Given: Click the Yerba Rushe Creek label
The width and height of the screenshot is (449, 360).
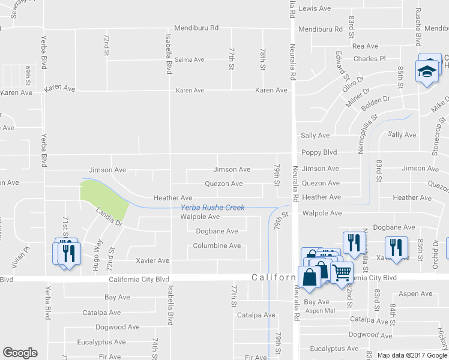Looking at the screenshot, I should [x=212, y=208].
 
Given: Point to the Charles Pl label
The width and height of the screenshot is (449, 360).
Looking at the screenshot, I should [x=369, y=59].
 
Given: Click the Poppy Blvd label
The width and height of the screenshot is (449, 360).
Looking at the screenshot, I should [x=319, y=152].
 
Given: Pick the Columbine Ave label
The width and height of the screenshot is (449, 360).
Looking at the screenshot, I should [x=217, y=246].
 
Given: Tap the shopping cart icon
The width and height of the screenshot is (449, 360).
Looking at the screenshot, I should [x=341, y=272].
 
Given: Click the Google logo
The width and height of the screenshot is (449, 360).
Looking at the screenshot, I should [x=20, y=353].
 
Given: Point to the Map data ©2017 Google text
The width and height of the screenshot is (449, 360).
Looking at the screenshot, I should [x=411, y=355].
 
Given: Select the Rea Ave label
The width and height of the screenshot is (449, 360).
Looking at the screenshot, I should [x=365, y=46].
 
